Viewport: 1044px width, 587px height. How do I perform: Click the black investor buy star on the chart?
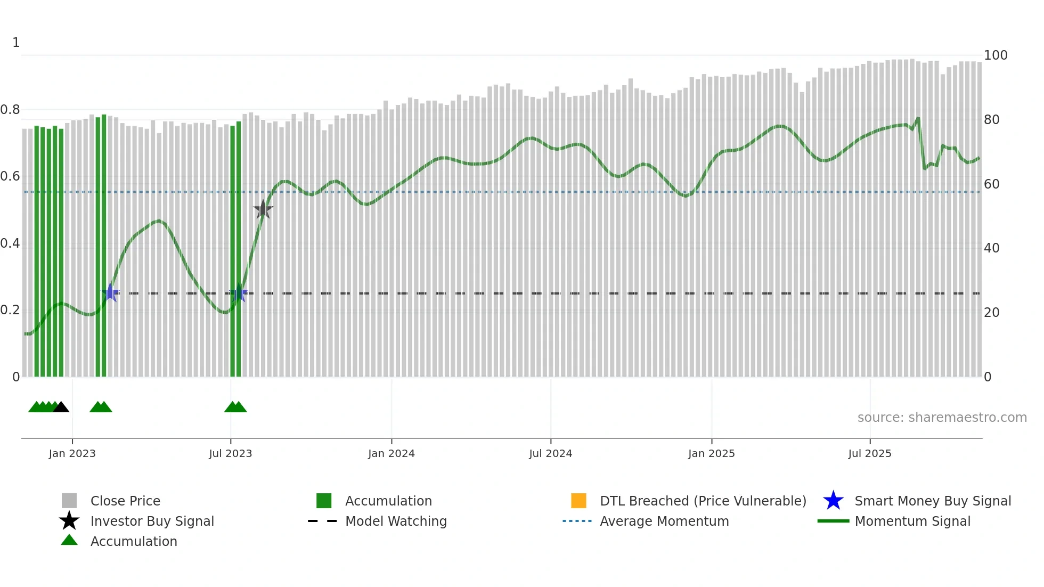tap(263, 210)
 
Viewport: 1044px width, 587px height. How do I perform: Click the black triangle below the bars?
tap(61, 407)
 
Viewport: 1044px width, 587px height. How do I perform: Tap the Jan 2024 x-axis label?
tap(391, 453)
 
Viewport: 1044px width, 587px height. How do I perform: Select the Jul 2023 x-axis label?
tap(230, 453)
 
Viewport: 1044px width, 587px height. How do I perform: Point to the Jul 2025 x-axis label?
tap(869, 453)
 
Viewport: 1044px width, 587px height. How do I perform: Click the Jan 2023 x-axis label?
tap(72, 453)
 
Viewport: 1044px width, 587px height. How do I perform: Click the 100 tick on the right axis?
tap(995, 55)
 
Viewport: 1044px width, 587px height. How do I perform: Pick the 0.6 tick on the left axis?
tap(10, 176)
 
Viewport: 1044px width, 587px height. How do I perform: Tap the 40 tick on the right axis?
tap(991, 248)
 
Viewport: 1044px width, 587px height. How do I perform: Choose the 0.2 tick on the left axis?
tap(10, 310)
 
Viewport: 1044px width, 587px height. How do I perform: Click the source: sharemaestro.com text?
tap(942, 418)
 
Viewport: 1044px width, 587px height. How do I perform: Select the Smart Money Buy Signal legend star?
tap(833, 501)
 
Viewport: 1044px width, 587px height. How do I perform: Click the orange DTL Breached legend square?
tap(578, 501)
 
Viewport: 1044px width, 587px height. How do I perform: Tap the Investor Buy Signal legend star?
tap(69, 521)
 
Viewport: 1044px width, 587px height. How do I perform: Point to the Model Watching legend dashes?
tap(323, 521)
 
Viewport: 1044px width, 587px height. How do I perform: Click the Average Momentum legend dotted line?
tap(577, 521)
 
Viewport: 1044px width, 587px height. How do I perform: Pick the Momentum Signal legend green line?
tap(833, 521)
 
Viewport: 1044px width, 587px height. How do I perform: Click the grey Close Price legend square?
tap(69, 501)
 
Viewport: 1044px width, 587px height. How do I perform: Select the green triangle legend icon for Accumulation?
tap(69, 540)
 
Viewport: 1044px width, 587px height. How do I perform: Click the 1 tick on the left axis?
tap(16, 43)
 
